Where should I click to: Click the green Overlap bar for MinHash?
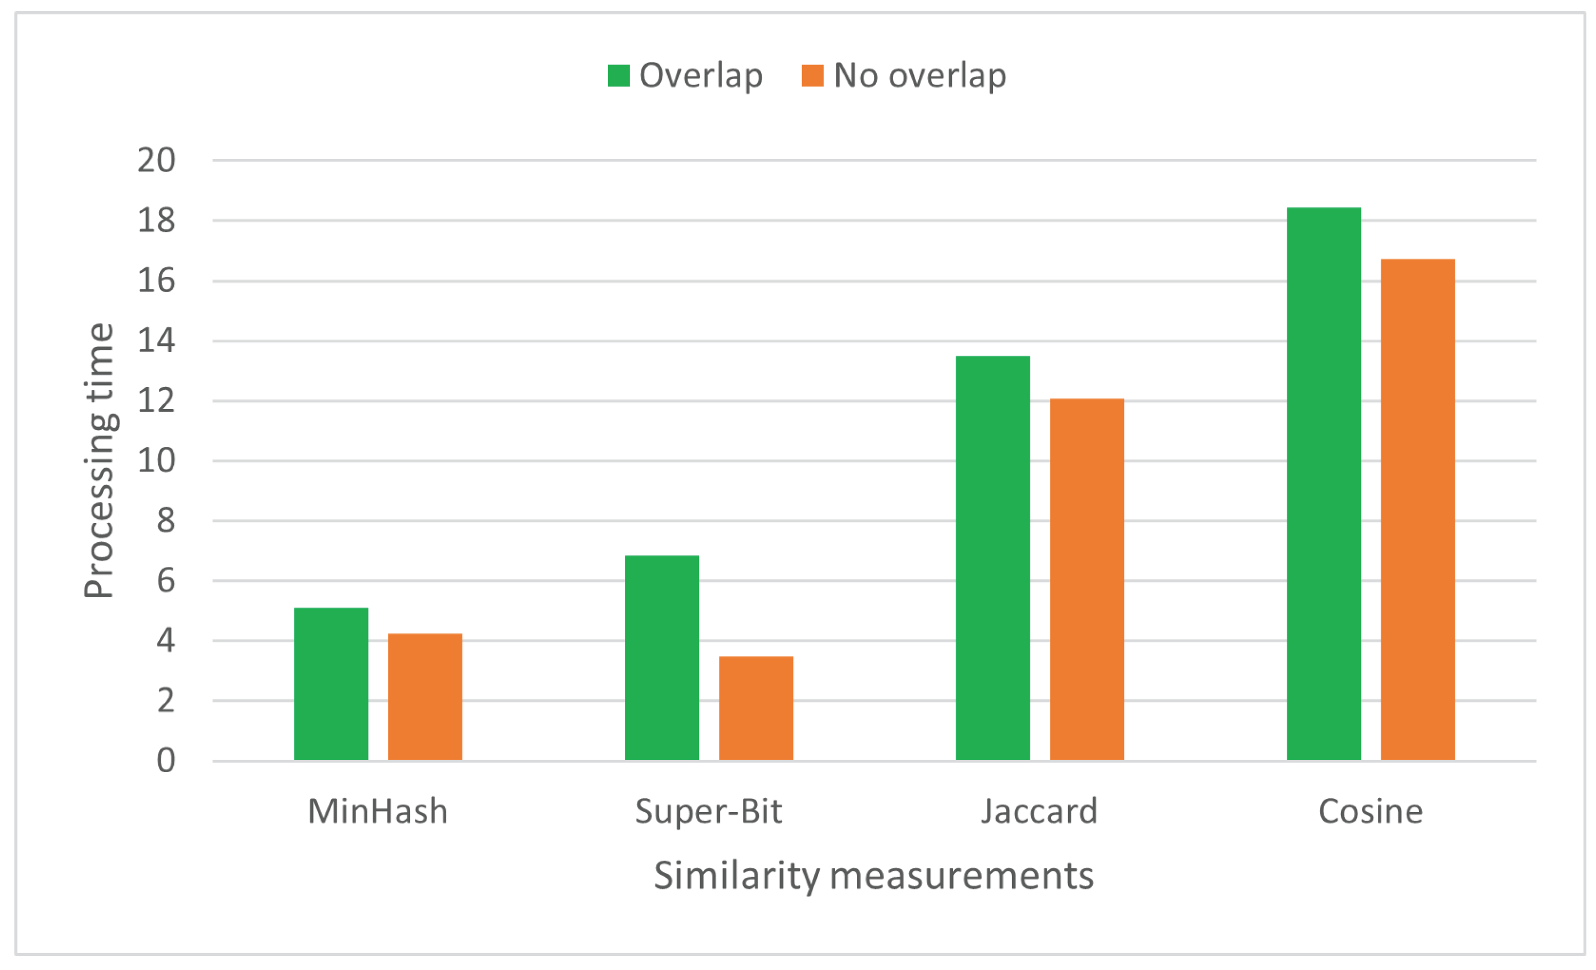[331, 684]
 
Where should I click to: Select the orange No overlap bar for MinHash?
[425, 696]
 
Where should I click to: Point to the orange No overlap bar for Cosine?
[1418, 509]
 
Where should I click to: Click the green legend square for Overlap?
[619, 76]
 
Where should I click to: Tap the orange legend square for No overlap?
[812, 76]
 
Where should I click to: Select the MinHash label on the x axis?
[378, 811]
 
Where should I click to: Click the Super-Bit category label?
[709, 811]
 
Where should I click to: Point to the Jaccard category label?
[1039, 811]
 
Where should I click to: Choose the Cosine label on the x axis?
[1370, 811]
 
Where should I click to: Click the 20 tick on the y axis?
[157, 160]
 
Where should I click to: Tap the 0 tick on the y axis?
[166, 761]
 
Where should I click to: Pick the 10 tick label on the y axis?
[157, 461]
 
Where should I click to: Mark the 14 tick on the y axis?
[157, 340]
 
